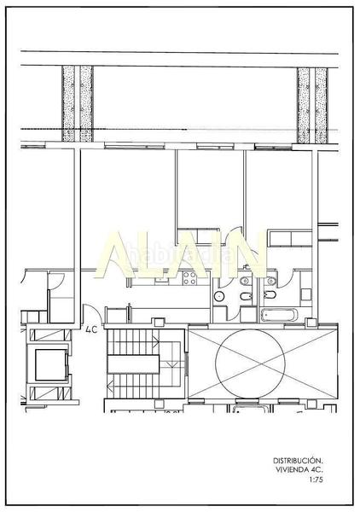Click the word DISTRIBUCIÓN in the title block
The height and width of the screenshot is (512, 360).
point(299,460)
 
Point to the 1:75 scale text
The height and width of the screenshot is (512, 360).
point(316,480)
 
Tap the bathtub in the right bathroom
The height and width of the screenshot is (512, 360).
point(277,314)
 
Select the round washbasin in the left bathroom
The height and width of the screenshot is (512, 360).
point(218,296)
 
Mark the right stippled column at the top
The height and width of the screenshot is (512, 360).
point(312,104)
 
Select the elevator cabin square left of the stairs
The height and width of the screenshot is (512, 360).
point(48,365)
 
